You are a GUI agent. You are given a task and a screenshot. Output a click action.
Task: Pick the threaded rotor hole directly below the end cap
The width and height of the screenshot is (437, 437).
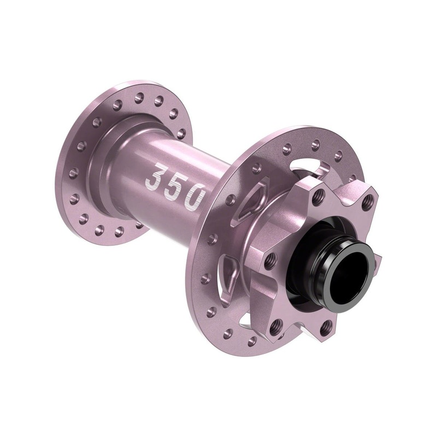[326, 326]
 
